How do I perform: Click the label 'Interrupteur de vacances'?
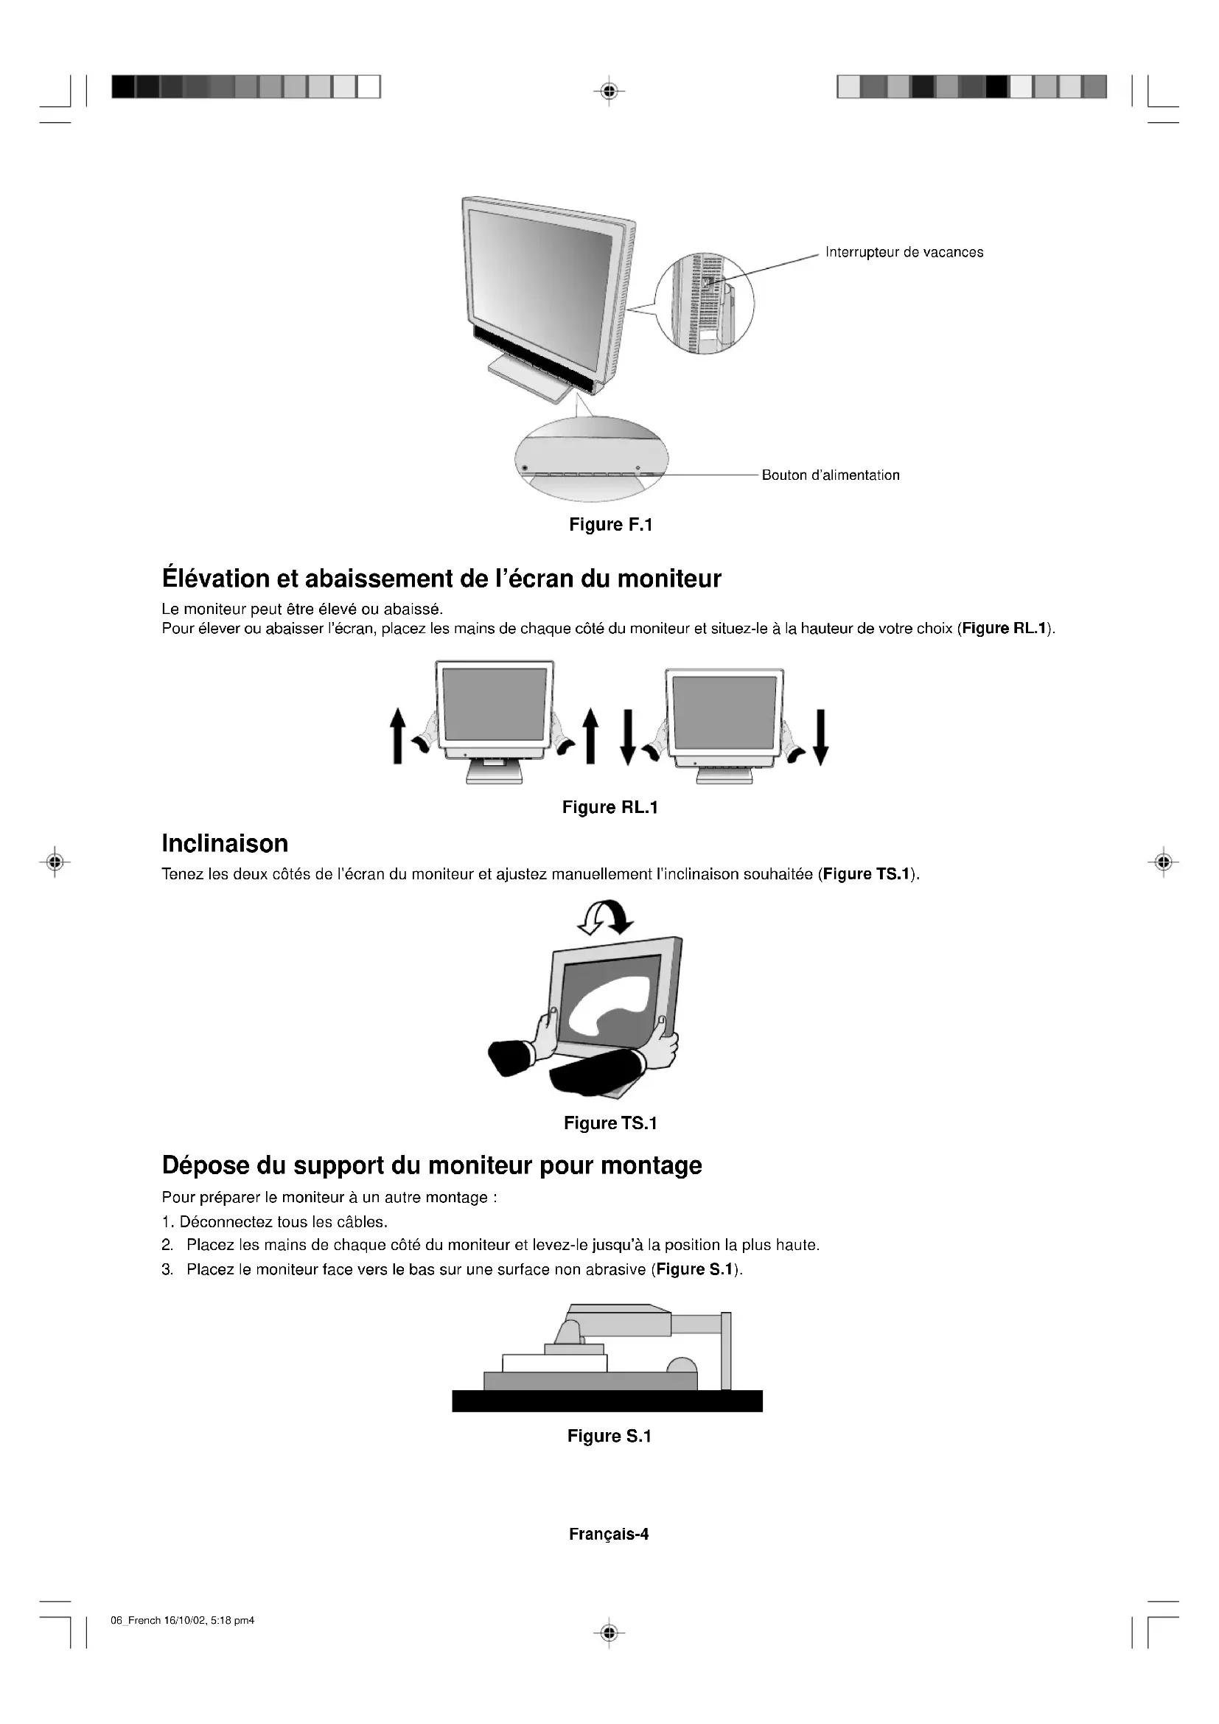[x=904, y=252]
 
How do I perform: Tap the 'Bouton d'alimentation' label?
[x=830, y=475]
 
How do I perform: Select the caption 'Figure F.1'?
[x=610, y=525]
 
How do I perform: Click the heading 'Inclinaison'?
[x=225, y=843]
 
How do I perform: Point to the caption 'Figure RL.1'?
[x=609, y=807]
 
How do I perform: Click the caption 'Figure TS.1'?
[x=610, y=1123]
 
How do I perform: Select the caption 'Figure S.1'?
[x=609, y=1437]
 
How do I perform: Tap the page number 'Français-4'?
[x=608, y=1534]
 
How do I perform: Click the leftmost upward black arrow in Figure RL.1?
[x=397, y=736]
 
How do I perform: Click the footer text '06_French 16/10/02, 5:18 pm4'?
[x=182, y=1620]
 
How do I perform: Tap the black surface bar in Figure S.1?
[x=607, y=1400]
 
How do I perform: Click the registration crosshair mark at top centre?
[x=609, y=91]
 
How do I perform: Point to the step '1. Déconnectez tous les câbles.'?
[x=274, y=1221]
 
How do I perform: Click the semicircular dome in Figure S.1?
[x=682, y=1365]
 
